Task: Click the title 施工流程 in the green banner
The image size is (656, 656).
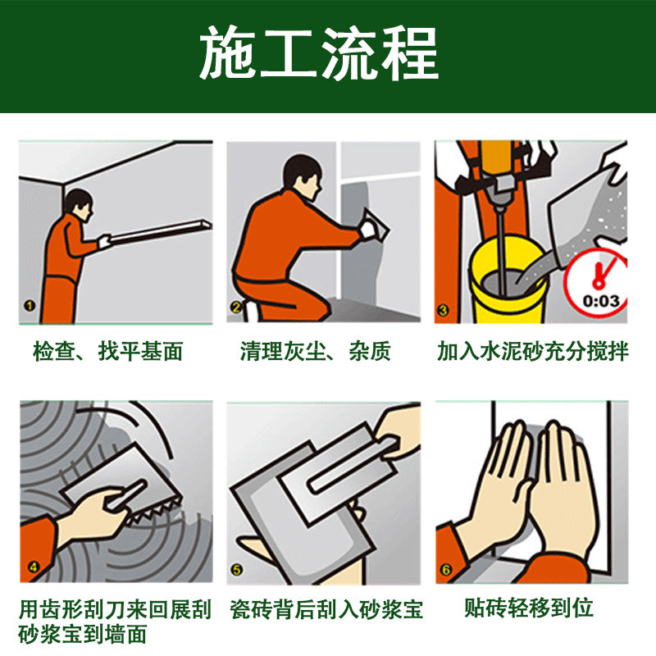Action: pos(319,52)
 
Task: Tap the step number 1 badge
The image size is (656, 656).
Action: pos(30,306)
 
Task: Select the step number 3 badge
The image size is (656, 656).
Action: pos(443,310)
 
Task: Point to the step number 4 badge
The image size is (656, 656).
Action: pos(33,567)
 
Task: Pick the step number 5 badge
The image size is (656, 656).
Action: pos(237,569)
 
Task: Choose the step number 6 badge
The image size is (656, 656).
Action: pos(446,569)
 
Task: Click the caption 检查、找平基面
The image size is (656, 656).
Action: pos(108,351)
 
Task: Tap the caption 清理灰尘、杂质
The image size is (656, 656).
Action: pos(316,351)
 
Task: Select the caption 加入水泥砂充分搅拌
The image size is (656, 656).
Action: pos(532,351)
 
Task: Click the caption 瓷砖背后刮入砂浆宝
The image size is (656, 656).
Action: pos(326,609)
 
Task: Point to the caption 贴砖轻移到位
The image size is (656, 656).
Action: pos(529,608)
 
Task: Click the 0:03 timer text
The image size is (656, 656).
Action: pos(601,301)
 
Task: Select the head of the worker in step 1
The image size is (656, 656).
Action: pos(79,205)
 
